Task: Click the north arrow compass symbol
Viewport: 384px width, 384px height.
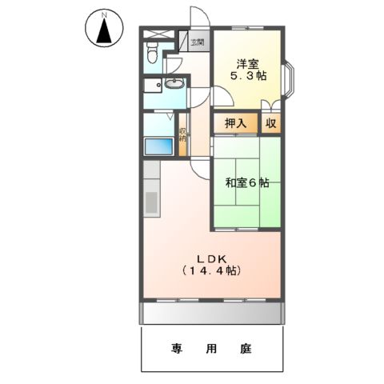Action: (103, 29)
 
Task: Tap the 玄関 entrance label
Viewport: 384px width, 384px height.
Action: (197, 42)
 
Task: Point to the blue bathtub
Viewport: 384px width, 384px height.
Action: (158, 146)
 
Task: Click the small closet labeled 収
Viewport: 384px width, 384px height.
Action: (272, 124)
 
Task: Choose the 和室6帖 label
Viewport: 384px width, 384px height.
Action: (247, 182)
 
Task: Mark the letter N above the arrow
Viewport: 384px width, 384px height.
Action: (103, 13)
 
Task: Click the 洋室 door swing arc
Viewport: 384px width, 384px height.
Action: (225, 95)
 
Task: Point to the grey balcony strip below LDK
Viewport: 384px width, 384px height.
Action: (213, 313)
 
